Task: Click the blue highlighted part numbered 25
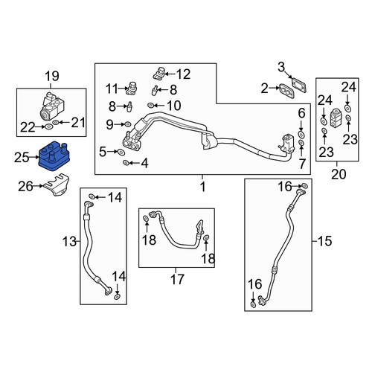[54, 156]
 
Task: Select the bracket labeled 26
[57, 185]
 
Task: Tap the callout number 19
[52, 76]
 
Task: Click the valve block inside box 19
[52, 106]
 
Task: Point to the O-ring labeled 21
[56, 122]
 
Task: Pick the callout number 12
[183, 74]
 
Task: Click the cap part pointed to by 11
[132, 88]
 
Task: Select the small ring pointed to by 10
[150, 106]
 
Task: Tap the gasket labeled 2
[287, 92]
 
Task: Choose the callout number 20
[339, 174]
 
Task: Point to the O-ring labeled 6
[301, 135]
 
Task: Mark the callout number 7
[302, 164]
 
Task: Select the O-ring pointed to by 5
[121, 152]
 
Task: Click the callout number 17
[177, 279]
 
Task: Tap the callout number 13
[69, 241]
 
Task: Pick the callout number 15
[324, 241]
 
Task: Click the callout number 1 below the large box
[203, 187]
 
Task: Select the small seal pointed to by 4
[126, 163]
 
